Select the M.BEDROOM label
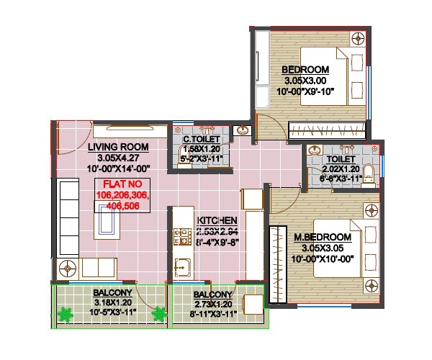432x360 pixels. (322, 237)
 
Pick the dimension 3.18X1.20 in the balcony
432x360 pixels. (112, 303)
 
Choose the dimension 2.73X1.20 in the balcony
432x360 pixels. (212, 305)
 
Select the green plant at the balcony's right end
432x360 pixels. (158, 314)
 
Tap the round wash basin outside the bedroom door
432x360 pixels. (243, 130)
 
